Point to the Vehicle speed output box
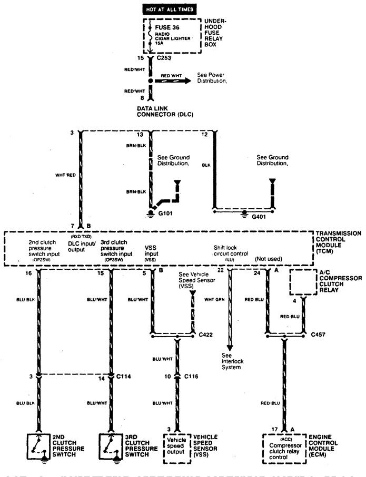(x=176, y=449)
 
